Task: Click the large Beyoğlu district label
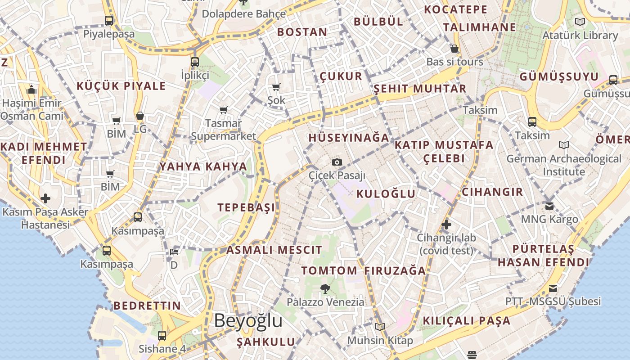coord(248,321)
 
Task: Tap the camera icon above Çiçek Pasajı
coord(337,162)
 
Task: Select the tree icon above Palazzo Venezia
coord(325,288)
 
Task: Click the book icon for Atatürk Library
coord(580,22)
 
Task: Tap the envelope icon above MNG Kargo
coord(549,206)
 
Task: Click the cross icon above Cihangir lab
coord(446,224)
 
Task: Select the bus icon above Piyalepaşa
coord(109,20)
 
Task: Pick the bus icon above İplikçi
coord(195,62)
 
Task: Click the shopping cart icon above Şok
coord(276,87)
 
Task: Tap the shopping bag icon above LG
coord(140,116)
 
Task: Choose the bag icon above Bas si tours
coord(454,49)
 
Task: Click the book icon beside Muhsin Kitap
coord(380,327)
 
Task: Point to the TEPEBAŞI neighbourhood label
coord(246,207)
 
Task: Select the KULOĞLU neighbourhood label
coord(386,194)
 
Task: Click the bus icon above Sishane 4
coord(162,335)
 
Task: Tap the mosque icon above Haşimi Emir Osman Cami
coord(31,90)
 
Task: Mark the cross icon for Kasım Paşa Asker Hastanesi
coord(45,198)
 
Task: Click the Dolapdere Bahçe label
coord(243,14)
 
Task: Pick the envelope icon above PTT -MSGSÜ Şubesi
coord(553,288)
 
